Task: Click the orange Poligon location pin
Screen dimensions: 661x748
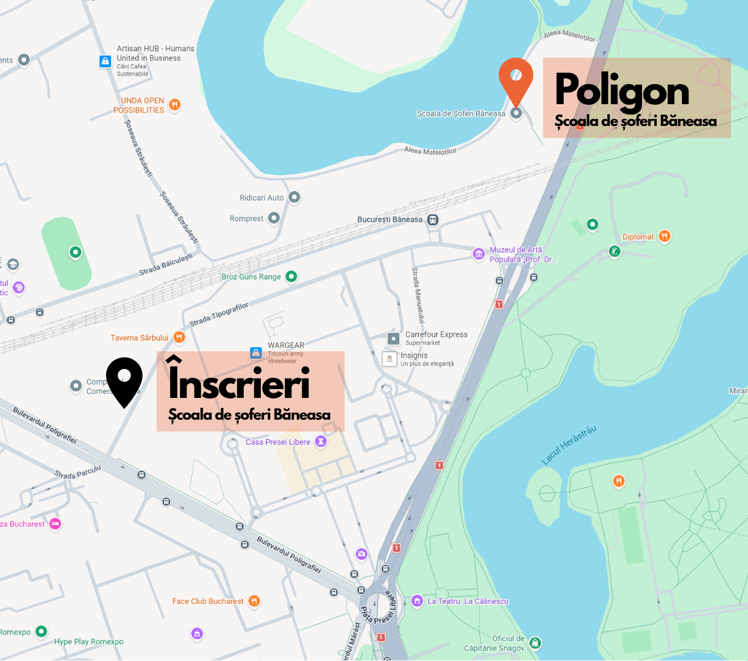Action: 516,80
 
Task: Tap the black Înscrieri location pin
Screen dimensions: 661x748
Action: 124,379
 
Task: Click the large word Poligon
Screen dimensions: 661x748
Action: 622,91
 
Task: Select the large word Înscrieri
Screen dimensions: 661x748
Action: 239,381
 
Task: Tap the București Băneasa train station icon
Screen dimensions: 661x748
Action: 433,220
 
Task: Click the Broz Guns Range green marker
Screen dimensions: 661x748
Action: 291,276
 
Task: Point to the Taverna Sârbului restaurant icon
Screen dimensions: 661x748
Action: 179,337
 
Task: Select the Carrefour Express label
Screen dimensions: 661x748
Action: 436,334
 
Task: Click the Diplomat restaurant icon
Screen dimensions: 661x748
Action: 664,236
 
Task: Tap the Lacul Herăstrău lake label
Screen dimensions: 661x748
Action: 569,445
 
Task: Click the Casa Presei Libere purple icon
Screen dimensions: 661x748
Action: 320,441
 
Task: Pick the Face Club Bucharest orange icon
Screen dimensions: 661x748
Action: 254,601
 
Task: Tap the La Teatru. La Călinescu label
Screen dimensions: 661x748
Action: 468,601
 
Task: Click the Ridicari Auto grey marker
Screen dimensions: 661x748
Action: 294,197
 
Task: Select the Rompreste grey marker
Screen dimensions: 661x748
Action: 274,218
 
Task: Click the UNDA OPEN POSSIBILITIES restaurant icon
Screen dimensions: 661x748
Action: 174,105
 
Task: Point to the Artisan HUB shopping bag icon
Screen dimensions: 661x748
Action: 105,61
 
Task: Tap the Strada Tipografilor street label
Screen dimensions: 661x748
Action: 219,314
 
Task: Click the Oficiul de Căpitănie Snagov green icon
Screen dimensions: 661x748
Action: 535,642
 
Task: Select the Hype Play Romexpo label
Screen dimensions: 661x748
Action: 89,642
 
